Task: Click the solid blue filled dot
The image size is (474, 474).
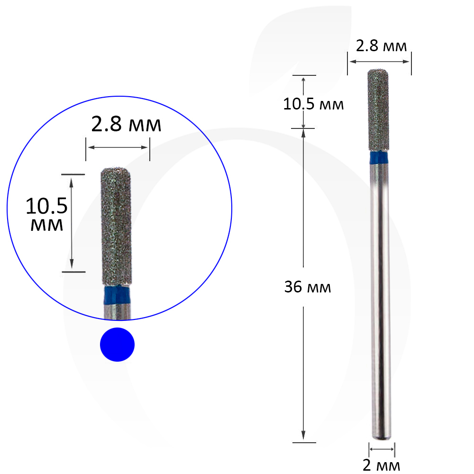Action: [117, 344]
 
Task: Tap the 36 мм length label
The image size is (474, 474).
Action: [308, 287]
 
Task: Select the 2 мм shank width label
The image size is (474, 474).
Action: [381, 465]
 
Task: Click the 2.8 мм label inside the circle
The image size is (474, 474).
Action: [126, 124]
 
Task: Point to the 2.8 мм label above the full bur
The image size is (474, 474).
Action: [381, 46]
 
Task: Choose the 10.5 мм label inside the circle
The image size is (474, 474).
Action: [46, 214]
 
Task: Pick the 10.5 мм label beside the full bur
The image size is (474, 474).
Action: [313, 104]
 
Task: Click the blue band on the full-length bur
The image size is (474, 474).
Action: [379, 158]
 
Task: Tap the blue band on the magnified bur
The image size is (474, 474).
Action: [117, 294]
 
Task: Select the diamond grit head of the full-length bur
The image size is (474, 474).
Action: [378, 110]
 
